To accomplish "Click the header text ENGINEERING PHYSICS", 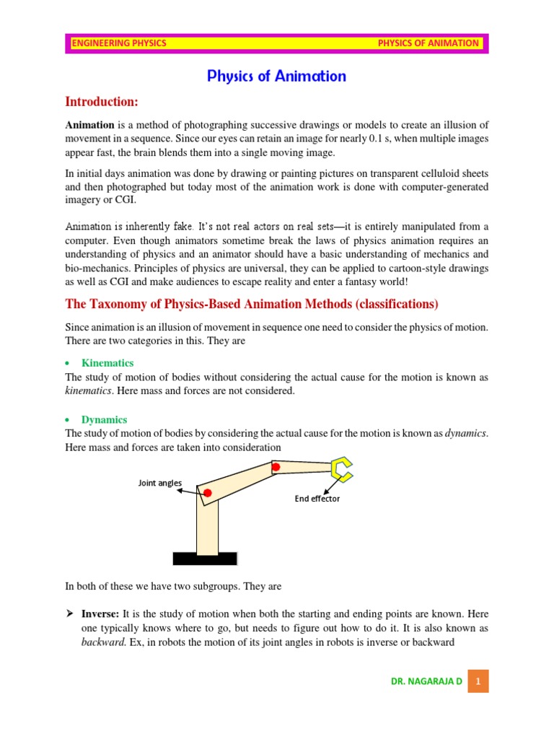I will tap(119, 43).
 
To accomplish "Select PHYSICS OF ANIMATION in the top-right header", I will tap(428, 43).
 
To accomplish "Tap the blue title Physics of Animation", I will tap(277, 76).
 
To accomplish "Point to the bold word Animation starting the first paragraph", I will tap(89, 125).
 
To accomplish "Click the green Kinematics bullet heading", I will tap(107, 363).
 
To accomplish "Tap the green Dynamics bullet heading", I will tap(104, 419).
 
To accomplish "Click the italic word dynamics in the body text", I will tap(466, 433).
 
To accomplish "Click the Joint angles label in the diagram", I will tap(160, 483).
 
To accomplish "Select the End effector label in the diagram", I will tap(317, 499).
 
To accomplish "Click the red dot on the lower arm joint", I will tap(207, 493).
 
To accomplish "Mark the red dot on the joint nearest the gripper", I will tap(275, 468).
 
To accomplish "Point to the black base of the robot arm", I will tap(205, 559).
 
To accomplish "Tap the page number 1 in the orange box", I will tap(478, 681).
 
